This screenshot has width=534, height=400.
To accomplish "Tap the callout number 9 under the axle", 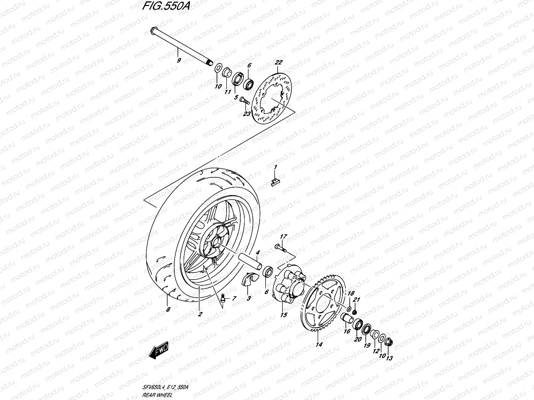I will click(x=179, y=60).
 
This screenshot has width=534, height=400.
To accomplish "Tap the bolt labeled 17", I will click(x=279, y=247).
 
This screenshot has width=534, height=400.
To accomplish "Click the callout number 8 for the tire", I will click(x=168, y=310).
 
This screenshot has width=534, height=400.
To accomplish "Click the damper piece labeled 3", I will click(x=250, y=286).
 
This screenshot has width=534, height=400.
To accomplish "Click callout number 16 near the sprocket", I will click(x=347, y=331).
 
